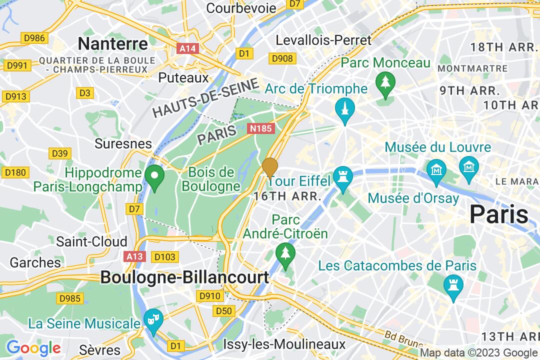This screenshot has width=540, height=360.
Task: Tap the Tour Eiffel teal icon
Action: click(x=343, y=178)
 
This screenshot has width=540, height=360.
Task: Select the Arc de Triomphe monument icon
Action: click(x=345, y=108)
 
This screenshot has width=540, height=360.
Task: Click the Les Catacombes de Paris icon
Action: click(x=453, y=285)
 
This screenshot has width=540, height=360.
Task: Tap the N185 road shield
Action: click(x=261, y=128)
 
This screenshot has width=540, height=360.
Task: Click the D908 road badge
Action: click(x=281, y=59)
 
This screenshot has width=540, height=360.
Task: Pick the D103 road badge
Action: click(x=164, y=257)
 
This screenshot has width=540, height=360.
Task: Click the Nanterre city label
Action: click(x=113, y=43)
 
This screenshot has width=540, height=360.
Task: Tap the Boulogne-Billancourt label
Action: click(x=184, y=277)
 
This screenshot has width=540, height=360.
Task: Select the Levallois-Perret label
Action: click(x=323, y=40)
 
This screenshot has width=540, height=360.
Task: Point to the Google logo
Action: click(x=33, y=347)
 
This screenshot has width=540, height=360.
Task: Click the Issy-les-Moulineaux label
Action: click(x=284, y=344)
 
